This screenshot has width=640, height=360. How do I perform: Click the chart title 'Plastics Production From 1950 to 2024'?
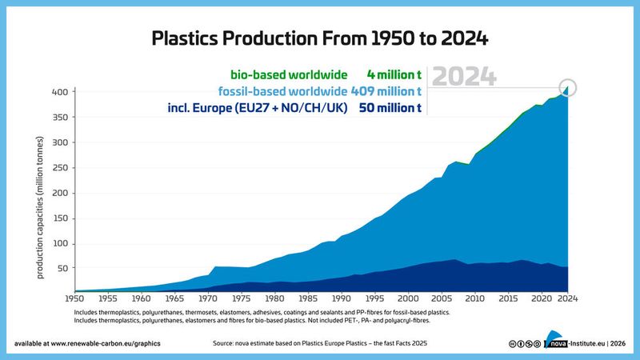point(320,38)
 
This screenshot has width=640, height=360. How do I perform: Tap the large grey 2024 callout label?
point(464,77)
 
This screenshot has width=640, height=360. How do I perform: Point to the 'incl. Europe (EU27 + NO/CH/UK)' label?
point(257,108)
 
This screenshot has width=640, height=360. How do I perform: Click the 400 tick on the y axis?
point(58,92)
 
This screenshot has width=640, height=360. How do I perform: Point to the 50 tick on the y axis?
point(61,269)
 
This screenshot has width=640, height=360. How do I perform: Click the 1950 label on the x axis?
point(74,299)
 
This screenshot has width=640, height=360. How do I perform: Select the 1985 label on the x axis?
point(308,299)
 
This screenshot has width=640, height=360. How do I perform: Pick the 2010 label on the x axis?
point(474,299)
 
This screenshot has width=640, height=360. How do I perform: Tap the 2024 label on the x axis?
point(568,299)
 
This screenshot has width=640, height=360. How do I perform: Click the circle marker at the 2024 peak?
point(568,88)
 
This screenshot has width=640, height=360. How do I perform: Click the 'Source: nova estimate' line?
point(320,342)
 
